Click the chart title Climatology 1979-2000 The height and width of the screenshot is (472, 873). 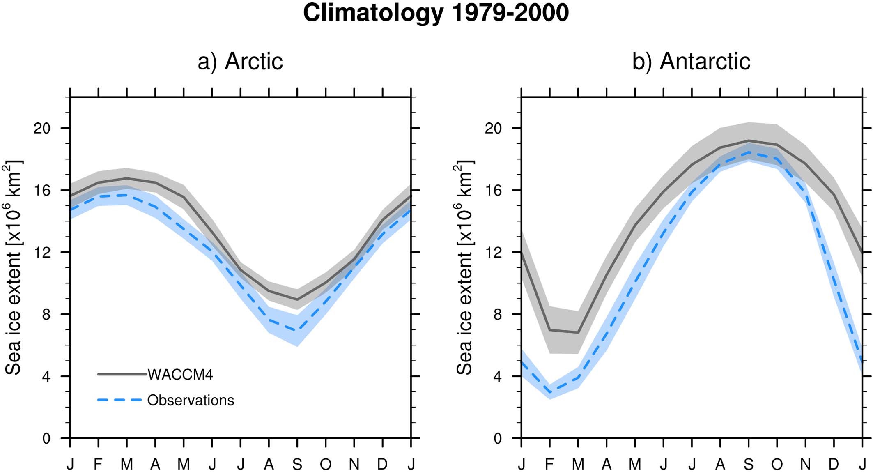click(x=436, y=13)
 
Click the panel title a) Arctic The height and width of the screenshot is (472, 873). click(x=240, y=62)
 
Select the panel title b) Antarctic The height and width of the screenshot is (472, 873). click(x=691, y=62)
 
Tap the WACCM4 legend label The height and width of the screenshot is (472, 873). click(x=180, y=375)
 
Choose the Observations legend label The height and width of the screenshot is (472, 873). click(x=191, y=400)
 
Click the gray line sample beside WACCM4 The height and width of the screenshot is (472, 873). click(x=122, y=374)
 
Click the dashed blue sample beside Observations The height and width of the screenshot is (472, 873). click(x=119, y=400)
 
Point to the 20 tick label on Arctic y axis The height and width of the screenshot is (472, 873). click(x=41, y=128)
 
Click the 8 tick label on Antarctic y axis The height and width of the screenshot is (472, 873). click(x=497, y=314)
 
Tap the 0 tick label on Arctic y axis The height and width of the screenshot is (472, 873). click(x=46, y=438)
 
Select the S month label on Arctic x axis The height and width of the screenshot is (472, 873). click(x=297, y=465)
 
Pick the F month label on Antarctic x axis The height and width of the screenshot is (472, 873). click(x=549, y=465)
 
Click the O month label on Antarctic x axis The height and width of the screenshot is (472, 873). click(x=777, y=465)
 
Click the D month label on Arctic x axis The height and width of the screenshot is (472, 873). click(x=382, y=465)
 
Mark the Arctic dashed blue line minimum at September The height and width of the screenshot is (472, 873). click(x=297, y=330)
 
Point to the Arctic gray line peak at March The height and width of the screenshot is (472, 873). click(x=127, y=178)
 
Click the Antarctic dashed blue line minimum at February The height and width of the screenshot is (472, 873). click(x=550, y=392)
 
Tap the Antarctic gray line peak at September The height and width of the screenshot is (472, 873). click(x=749, y=140)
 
